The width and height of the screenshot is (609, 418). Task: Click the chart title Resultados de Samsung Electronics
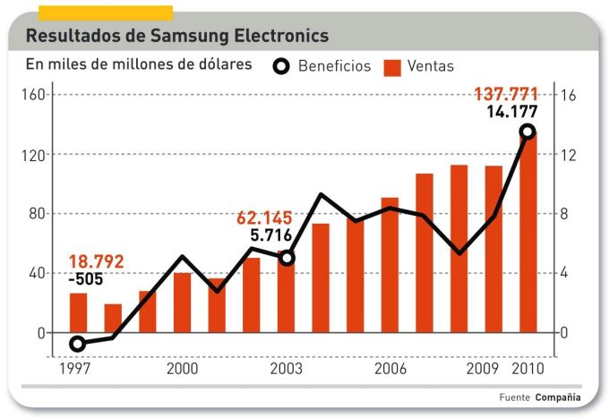177,37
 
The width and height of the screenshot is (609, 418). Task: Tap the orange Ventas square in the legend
391,66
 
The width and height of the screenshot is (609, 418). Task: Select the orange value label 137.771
511,94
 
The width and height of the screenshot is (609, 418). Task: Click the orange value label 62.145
264,218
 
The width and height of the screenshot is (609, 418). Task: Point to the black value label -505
87,279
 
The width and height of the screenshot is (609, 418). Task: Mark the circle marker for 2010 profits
528,132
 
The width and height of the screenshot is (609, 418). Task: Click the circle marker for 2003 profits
287,258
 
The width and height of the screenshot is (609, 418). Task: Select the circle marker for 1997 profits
78,344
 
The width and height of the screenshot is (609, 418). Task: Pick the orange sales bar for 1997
78,312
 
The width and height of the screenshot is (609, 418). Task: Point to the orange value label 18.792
96,262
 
